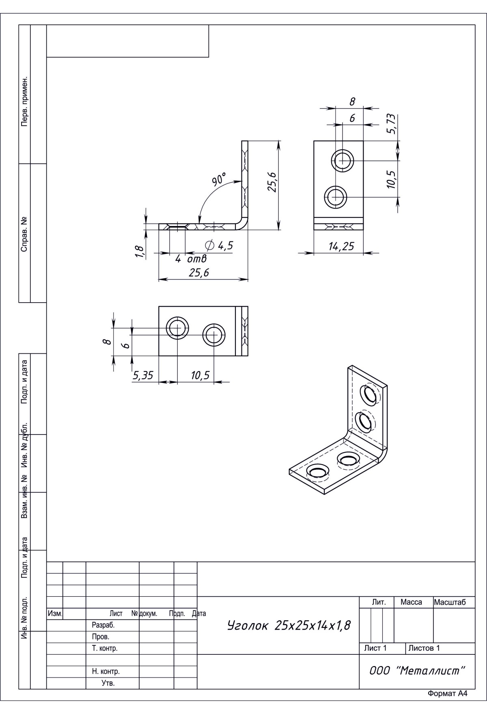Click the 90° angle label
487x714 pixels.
point(219,179)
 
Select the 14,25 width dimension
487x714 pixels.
point(341,246)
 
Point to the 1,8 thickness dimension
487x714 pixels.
point(139,252)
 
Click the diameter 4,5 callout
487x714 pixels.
point(220,245)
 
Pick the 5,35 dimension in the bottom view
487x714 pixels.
point(143,375)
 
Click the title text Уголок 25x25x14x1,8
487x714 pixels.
point(289,625)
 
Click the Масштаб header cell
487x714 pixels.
point(450,602)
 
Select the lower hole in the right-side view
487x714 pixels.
point(336,198)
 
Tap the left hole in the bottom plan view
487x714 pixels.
point(177,328)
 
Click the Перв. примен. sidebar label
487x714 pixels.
point(25,101)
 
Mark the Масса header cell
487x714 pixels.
point(411,602)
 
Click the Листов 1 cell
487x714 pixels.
point(424,648)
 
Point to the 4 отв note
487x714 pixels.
point(191,258)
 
